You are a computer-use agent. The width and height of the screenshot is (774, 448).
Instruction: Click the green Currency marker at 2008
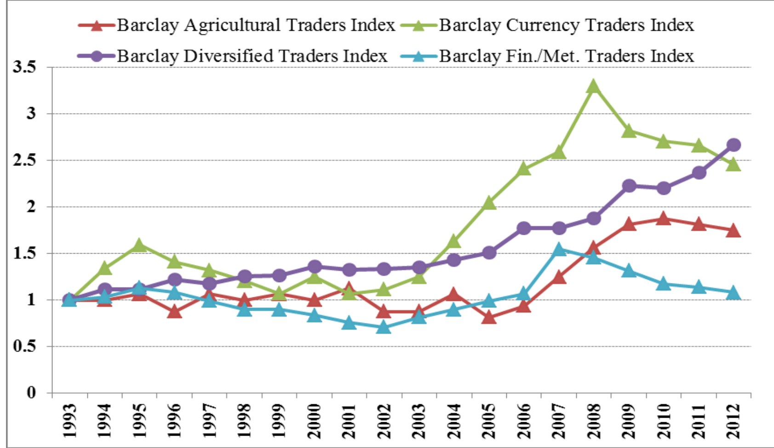(x=594, y=86)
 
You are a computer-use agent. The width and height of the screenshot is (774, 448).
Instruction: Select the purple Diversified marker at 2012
(x=734, y=145)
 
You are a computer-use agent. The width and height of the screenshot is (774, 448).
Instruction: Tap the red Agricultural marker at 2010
(x=663, y=218)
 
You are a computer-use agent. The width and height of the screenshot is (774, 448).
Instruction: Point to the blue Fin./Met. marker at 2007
(x=559, y=250)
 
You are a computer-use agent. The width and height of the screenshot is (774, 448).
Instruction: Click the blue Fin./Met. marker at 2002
(x=384, y=328)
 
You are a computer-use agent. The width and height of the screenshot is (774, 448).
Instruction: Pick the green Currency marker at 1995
(x=139, y=245)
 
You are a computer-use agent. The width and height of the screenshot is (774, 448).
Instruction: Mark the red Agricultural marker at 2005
(x=489, y=317)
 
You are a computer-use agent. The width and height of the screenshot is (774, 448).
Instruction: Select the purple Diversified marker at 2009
(x=629, y=186)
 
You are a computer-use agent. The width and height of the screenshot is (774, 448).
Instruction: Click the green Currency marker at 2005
(x=489, y=203)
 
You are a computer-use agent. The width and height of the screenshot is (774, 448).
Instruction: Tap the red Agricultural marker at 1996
(x=174, y=312)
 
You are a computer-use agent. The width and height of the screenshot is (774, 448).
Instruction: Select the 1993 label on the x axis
(x=69, y=420)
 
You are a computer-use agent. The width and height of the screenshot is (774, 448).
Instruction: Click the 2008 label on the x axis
(x=594, y=420)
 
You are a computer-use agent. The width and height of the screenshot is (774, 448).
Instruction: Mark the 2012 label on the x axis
(x=734, y=420)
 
